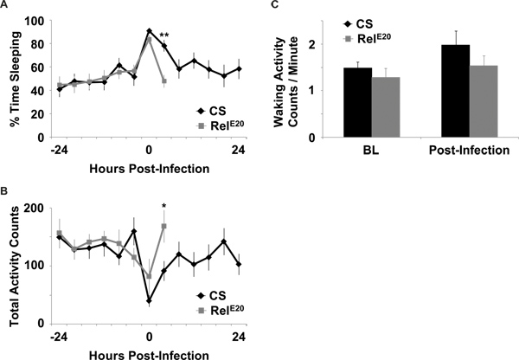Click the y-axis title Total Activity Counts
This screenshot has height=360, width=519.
pyautogui.click(x=11, y=265)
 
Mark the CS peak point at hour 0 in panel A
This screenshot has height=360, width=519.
pyautogui.click(x=150, y=31)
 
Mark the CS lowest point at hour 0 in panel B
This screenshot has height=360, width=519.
pyautogui.click(x=150, y=301)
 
